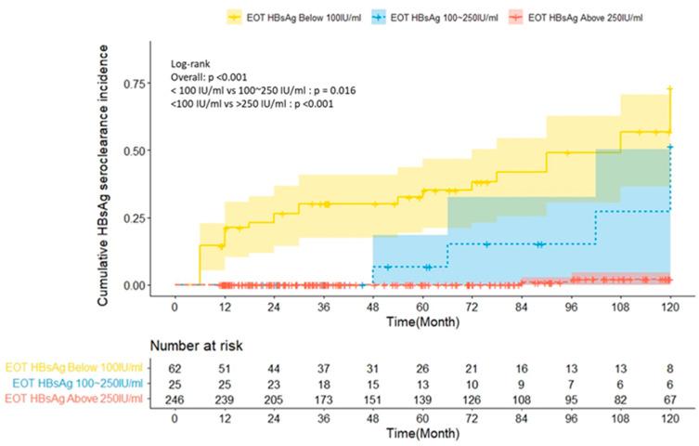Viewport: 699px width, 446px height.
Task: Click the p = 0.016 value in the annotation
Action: [325, 89]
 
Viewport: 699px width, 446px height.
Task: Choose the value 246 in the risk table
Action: [175, 399]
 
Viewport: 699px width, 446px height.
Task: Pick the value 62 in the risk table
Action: [175, 367]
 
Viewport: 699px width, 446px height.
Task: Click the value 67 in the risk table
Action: [668, 399]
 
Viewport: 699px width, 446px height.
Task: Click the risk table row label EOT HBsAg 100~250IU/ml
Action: [76, 383]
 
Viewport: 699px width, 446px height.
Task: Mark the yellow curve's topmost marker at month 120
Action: [669, 89]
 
